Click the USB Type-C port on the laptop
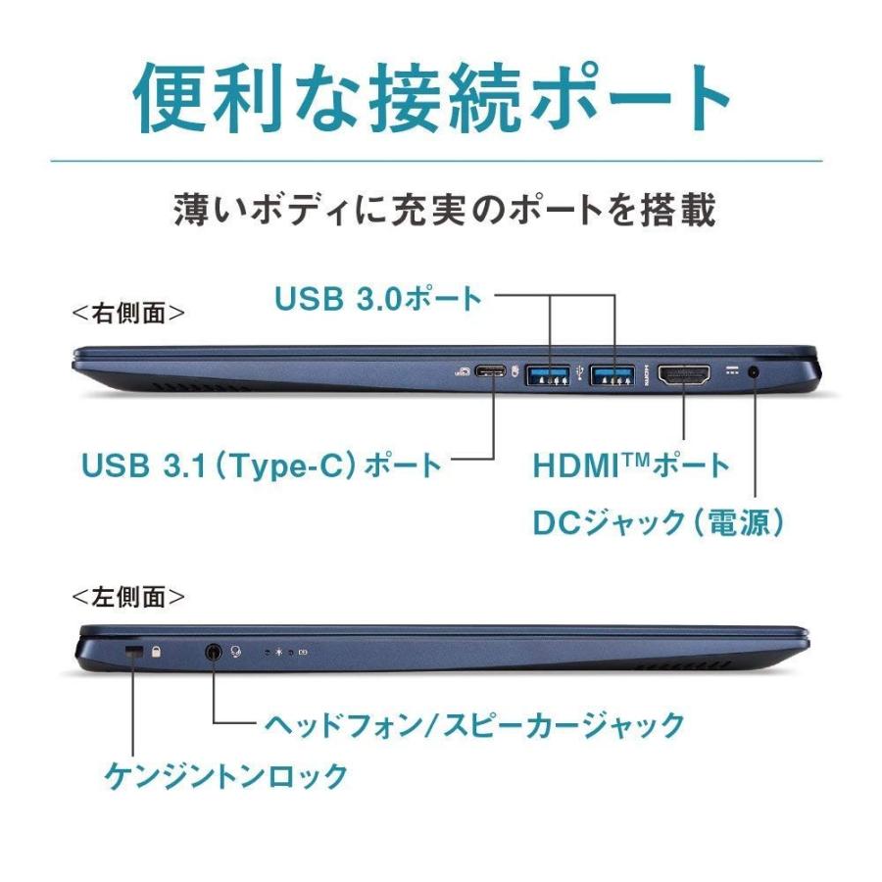[491, 373]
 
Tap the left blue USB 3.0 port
[549, 373]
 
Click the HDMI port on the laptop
[684, 374]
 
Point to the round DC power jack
[755, 372]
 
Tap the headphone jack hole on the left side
[214, 650]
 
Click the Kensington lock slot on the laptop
[135, 651]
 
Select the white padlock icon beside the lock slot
[157, 650]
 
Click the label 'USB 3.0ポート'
[378, 297]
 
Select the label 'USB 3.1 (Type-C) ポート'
[262, 464]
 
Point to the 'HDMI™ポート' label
[631, 465]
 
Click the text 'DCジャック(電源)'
[659, 522]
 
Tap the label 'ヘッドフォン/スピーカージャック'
[474, 725]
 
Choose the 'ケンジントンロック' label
[226, 776]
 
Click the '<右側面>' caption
[128, 314]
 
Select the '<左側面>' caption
[128, 596]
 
